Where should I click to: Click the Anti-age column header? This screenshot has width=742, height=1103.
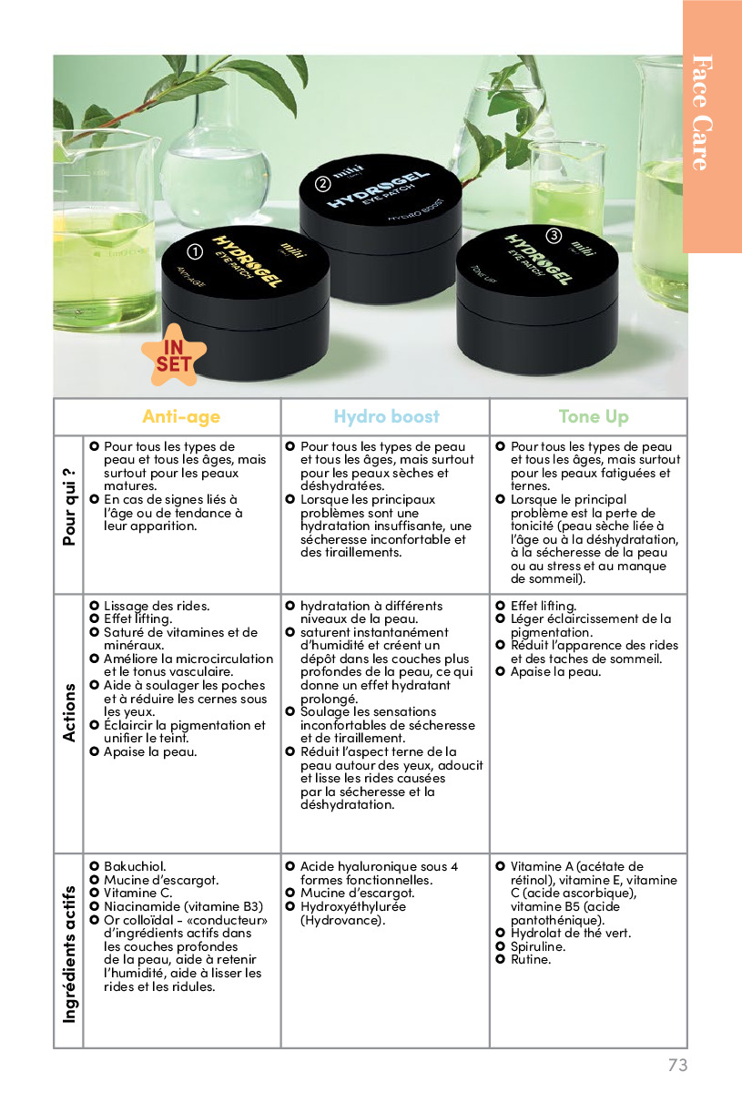tap(181, 417)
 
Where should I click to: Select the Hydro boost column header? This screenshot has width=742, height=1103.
tap(386, 417)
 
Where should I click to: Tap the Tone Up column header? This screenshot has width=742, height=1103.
tap(593, 417)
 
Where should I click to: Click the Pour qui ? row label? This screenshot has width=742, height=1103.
tap(69, 507)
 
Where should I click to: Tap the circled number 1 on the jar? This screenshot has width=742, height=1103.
tap(194, 251)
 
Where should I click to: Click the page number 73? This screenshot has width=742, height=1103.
tap(677, 1065)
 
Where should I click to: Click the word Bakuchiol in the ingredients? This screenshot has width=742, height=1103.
tap(135, 866)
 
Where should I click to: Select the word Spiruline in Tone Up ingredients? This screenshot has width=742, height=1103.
tap(538, 946)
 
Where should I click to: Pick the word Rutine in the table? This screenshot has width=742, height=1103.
tap(531, 959)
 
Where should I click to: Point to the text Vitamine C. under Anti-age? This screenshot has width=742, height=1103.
tap(137, 893)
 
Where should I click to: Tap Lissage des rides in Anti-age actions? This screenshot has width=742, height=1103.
tap(157, 606)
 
